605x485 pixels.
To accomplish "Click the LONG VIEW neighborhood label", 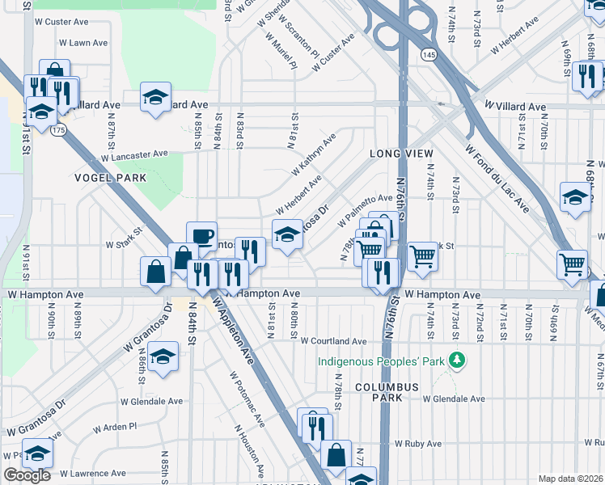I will click(402, 154).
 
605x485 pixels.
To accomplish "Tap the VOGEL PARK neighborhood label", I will click(110, 178).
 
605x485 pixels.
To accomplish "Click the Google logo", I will click(26, 475).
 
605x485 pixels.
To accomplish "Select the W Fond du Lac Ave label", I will click(497, 179).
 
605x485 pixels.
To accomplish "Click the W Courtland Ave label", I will click(334, 341).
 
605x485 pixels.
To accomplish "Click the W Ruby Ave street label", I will click(418, 444).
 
